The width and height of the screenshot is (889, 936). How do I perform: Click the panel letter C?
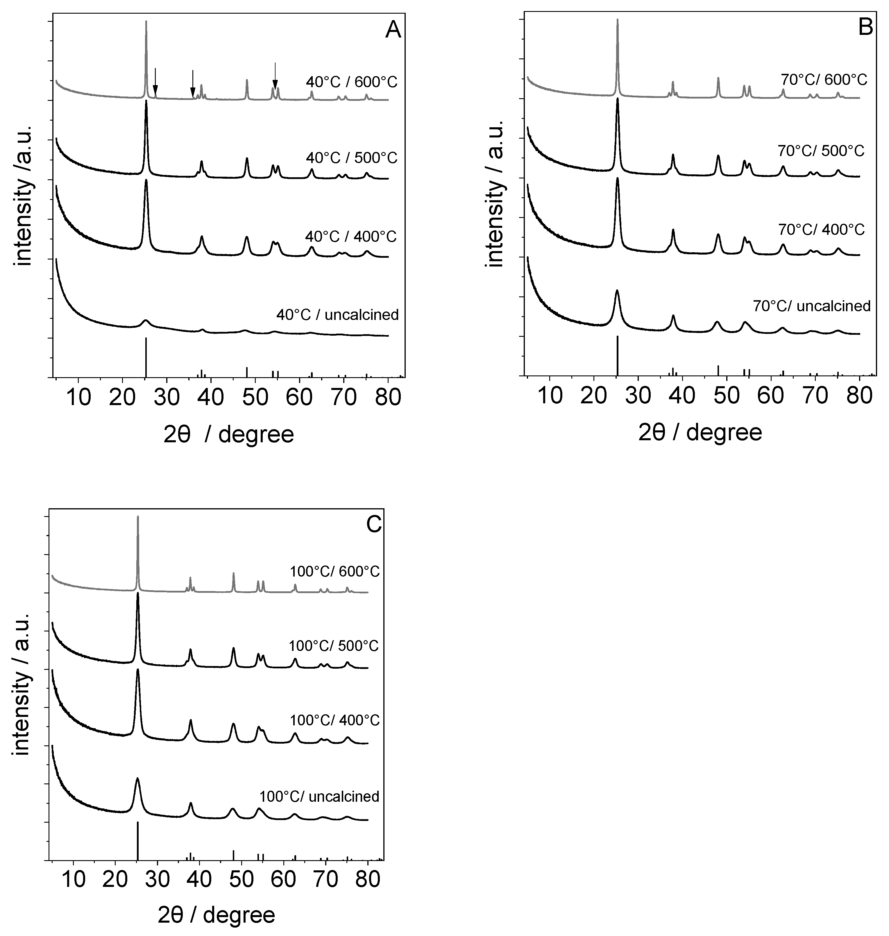pyautogui.click(x=374, y=525)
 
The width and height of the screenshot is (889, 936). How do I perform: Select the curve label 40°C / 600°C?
pyautogui.click(x=351, y=83)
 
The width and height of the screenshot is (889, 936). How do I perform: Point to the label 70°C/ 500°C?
pyautogui.click(x=821, y=151)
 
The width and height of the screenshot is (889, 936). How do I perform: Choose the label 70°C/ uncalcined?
pyautogui.click(x=811, y=306)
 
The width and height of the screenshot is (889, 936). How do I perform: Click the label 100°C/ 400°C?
pyautogui.click(x=335, y=720)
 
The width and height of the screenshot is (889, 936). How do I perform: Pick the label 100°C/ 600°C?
pyautogui.click(x=335, y=572)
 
